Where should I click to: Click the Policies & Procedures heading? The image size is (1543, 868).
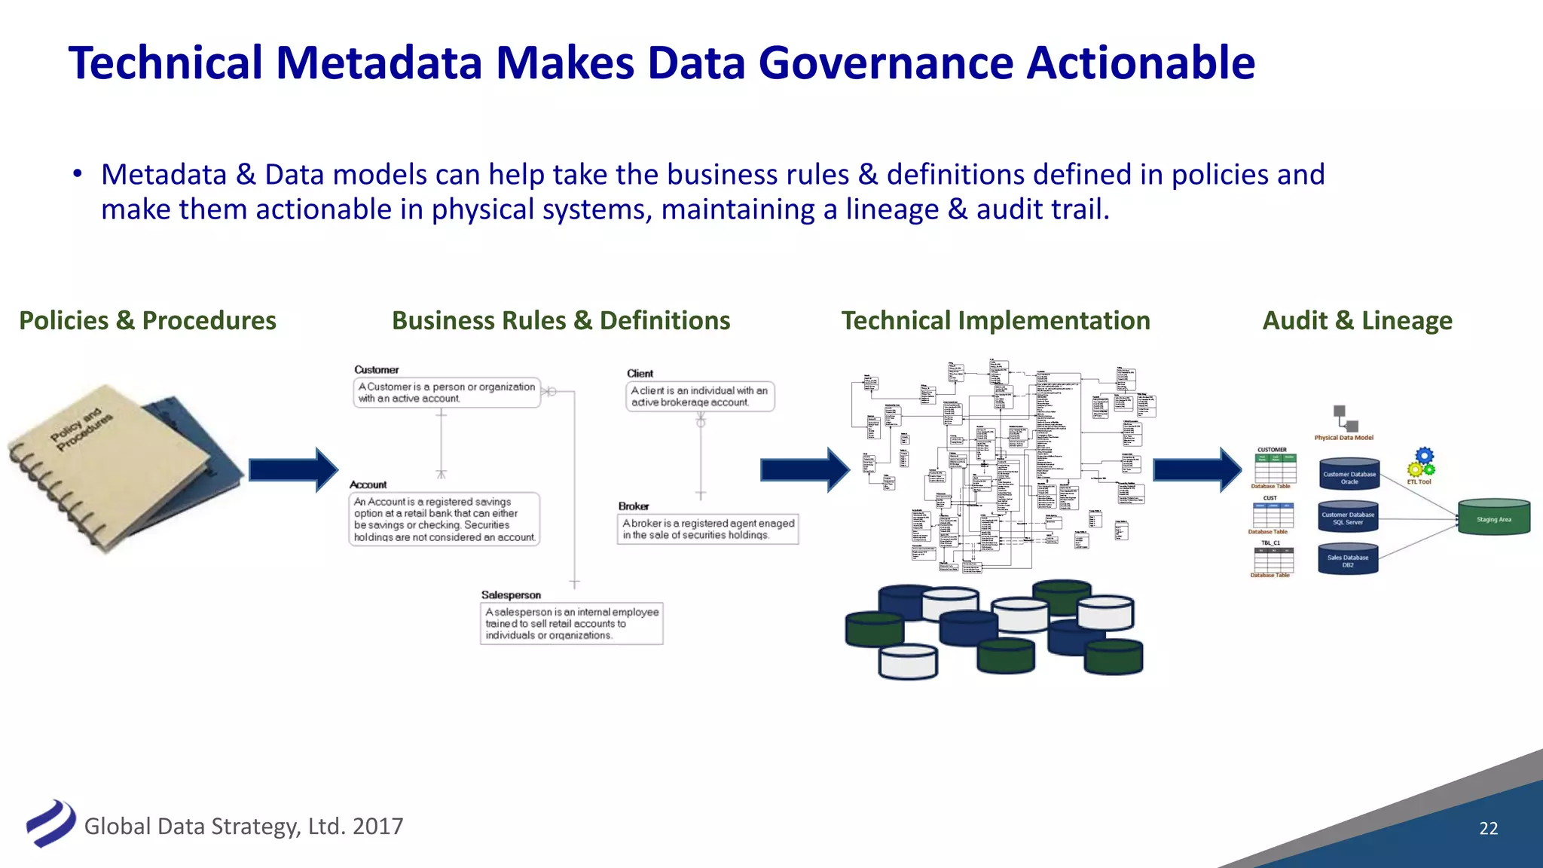coord(148,320)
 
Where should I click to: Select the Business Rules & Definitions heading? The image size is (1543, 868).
coord(561,320)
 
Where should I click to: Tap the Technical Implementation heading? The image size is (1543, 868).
coord(995,320)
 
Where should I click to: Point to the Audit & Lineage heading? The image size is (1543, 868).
coord(1357,320)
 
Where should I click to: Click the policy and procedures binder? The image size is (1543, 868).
coord(121,467)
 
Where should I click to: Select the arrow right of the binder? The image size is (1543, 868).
coord(293,469)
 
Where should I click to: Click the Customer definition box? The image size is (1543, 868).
coord(447,393)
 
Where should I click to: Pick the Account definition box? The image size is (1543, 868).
coord(445,519)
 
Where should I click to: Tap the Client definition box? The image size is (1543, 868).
coord(700,396)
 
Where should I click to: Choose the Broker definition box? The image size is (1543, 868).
coord(707,529)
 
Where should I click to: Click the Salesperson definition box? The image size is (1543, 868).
coord(572,624)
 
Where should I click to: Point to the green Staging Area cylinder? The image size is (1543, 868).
coord(1493,518)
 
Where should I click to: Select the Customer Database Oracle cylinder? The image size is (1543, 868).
coord(1349,475)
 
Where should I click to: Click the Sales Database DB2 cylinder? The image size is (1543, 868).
coord(1348,560)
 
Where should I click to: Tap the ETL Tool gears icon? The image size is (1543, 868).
coord(1422,463)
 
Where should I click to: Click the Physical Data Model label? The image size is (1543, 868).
coord(1343,438)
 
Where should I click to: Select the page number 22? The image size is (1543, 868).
coord(1488,828)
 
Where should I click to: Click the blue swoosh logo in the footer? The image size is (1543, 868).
coord(51,823)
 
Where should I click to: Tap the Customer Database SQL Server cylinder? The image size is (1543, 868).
coord(1348,518)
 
